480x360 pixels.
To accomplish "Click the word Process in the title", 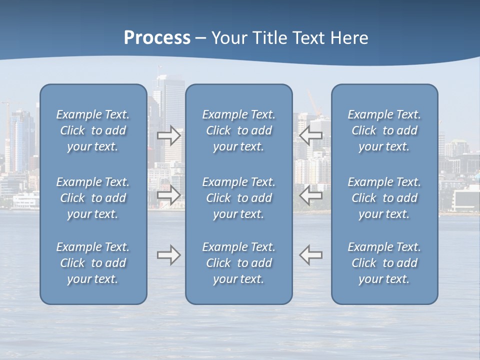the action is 157,38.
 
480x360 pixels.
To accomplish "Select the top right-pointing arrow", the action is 169,135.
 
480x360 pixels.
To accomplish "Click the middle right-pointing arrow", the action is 169,194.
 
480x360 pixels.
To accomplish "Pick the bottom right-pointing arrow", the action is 169,255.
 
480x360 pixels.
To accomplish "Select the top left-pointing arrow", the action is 311,135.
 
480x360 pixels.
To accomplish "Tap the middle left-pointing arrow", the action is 311,194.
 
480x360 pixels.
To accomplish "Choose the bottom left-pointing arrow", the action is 311,255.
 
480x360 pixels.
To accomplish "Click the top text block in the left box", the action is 93,130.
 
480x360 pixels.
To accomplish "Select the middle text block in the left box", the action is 93,198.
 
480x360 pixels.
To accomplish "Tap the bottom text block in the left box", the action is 93,263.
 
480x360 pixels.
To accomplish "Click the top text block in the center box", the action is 239,130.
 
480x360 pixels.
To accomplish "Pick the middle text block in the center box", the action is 239,198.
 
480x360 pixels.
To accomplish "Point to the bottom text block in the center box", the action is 239,263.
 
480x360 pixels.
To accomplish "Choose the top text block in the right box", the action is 384,130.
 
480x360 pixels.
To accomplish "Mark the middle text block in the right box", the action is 384,198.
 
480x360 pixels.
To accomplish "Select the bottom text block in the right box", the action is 384,263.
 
